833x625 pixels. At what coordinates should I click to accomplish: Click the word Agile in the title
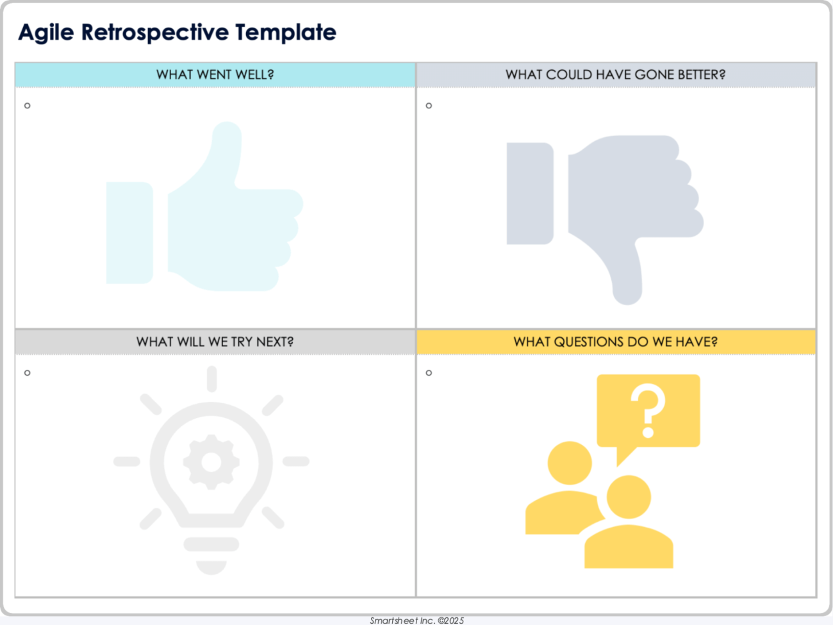click(45, 32)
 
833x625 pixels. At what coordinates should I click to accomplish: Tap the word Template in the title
click(285, 32)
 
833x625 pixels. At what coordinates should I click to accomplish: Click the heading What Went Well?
click(215, 75)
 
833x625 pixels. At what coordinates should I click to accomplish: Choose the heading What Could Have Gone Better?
click(615, 75)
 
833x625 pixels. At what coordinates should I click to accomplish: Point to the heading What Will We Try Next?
click(215, 342)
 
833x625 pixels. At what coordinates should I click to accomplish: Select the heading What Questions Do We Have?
click(615, 342)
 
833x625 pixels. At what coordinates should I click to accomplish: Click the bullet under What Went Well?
click(28, 106)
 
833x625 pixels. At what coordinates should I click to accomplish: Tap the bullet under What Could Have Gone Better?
click(429, 106)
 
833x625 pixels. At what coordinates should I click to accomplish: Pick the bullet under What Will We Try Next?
click(28, 372)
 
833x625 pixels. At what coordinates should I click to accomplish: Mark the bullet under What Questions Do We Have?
click(429, 372)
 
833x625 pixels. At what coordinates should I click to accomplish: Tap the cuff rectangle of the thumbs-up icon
click(129, 233)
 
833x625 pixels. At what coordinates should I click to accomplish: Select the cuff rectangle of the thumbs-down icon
click(529, 194)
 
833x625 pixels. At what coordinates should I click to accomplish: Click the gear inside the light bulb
click(211, 462)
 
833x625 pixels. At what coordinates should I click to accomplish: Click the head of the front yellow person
click(629, 497)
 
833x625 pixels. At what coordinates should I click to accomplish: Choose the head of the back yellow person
click(570, 463)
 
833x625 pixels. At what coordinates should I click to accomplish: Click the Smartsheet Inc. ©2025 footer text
click(416, 620)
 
